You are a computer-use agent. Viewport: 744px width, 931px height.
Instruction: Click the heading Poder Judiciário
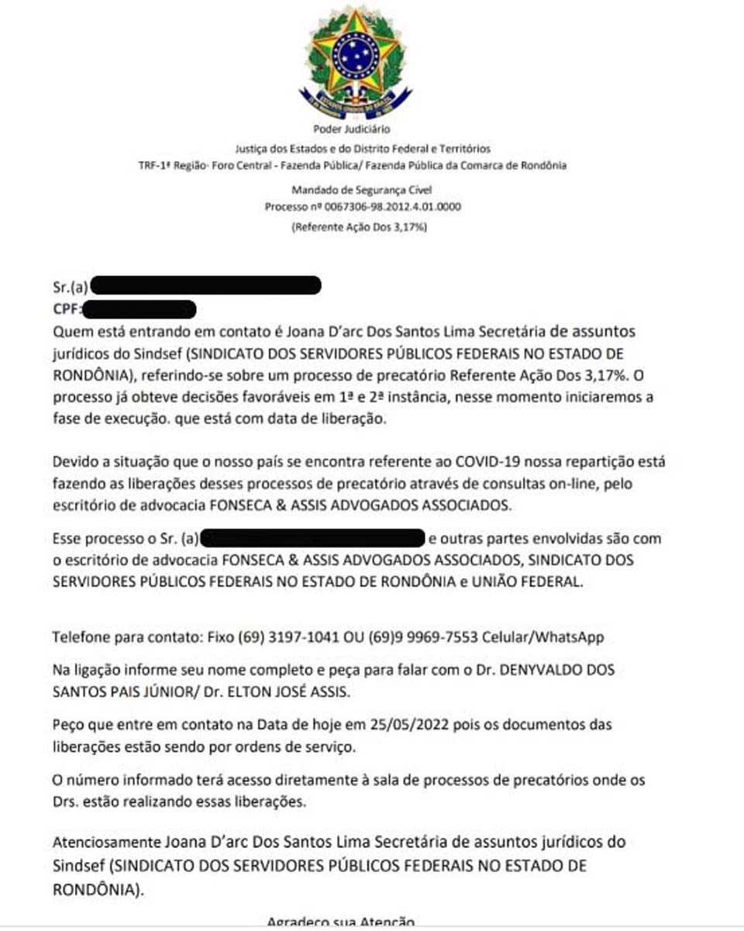coord(352,129)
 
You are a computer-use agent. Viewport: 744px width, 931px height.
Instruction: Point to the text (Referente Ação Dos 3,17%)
coord(359,227)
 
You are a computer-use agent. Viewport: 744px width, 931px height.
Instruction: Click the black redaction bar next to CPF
coord(139,309)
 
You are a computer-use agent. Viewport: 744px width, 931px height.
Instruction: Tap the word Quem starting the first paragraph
coord(71,332)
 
